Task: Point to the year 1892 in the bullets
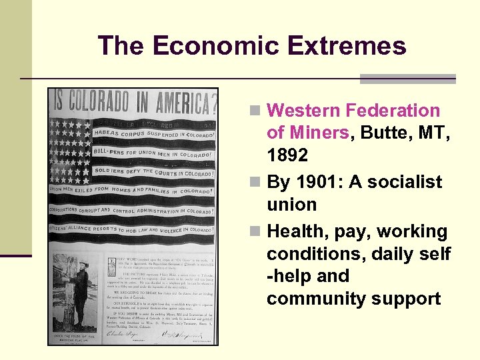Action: [x=287, y=156]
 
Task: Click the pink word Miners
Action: [x=307, y=133]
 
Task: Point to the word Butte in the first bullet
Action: [x=382, y=133]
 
